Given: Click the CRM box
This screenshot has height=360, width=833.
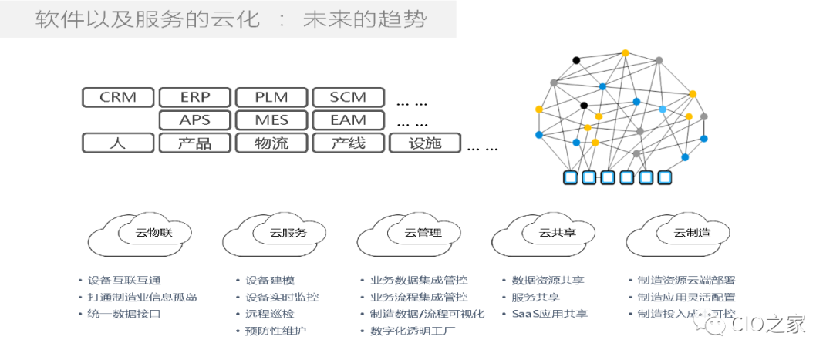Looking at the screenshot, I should pos(118,97).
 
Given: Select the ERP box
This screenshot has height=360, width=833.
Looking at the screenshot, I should pos(194,97).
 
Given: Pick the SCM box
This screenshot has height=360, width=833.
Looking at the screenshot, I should pos(347,97).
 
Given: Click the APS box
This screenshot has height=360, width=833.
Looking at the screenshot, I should pos(194,120).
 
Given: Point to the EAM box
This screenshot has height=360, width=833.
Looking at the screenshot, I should pos(347,120).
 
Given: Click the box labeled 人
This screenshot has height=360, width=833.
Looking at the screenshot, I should pos(118,143).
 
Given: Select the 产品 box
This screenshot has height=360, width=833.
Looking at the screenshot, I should pos(194,143).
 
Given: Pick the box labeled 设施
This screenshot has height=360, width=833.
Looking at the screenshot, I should pos(425,143).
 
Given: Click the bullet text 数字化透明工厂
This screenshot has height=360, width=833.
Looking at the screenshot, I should pos(412,331).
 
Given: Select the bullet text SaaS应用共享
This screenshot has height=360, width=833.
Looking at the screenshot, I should pos(549,315).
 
